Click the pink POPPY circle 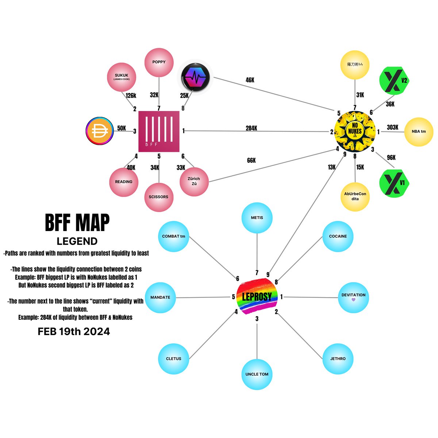[159, 62]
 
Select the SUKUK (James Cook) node [122, 77]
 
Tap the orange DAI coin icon [100, 131]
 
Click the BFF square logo [159, 131]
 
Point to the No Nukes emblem [354, 131]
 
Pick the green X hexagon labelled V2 [394, 80]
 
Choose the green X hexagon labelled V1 [394, 183]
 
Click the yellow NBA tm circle [418, 132]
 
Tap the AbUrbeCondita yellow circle [355, 197]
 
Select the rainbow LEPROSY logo [257, 296]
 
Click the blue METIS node [257, 218]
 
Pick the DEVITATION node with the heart [353, 297]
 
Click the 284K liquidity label [251, 128]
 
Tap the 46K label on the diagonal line [250, 80]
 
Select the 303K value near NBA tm [392, 127]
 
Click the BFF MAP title [77, 223]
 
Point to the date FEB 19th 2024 [74, 331]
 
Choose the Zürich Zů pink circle [194, 182]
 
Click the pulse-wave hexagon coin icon [195, 77]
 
